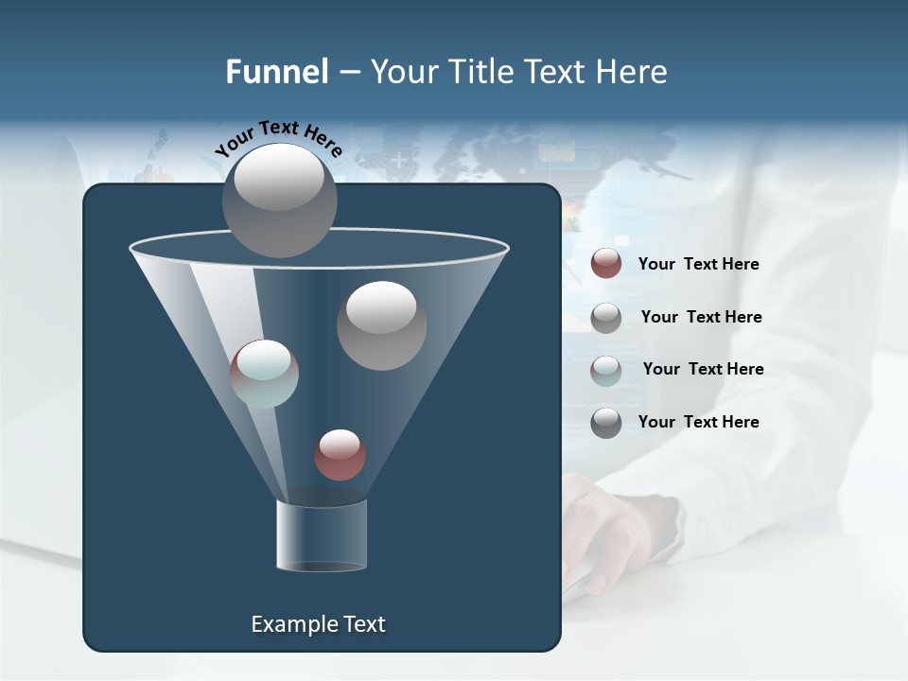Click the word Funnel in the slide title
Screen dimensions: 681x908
276,72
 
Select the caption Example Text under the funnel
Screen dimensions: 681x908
318,624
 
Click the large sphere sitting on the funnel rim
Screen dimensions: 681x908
279,200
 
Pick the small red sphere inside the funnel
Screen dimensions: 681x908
340,455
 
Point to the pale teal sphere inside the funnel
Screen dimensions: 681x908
264,374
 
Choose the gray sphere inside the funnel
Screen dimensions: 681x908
381,325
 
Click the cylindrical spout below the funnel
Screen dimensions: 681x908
321,534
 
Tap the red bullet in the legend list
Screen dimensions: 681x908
606,264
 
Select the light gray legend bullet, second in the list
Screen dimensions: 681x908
606,318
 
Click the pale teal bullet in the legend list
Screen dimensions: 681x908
606,370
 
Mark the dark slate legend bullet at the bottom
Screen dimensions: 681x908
606,423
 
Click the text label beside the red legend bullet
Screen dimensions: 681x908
699,264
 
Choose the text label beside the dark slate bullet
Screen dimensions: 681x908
699,422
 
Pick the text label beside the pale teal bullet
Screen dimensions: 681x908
704,369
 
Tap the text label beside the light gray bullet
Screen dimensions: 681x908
702,317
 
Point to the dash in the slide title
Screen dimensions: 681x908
349,72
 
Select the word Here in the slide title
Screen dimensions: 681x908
635,72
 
